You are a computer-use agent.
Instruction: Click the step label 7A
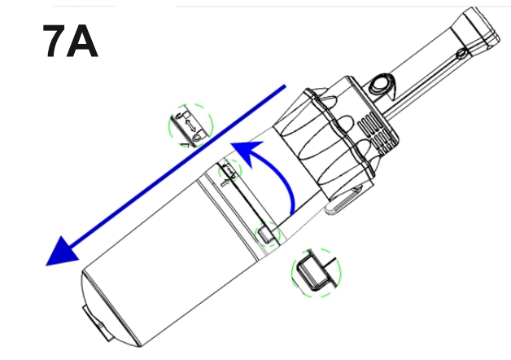coord(70,41)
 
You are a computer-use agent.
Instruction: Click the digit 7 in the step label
coord(55,41)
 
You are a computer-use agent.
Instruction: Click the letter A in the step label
coord(82,41)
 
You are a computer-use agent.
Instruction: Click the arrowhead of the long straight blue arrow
coord(62,252)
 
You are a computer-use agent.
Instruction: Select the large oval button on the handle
coord(380,84)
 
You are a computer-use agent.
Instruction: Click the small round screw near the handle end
coord(461,54)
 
